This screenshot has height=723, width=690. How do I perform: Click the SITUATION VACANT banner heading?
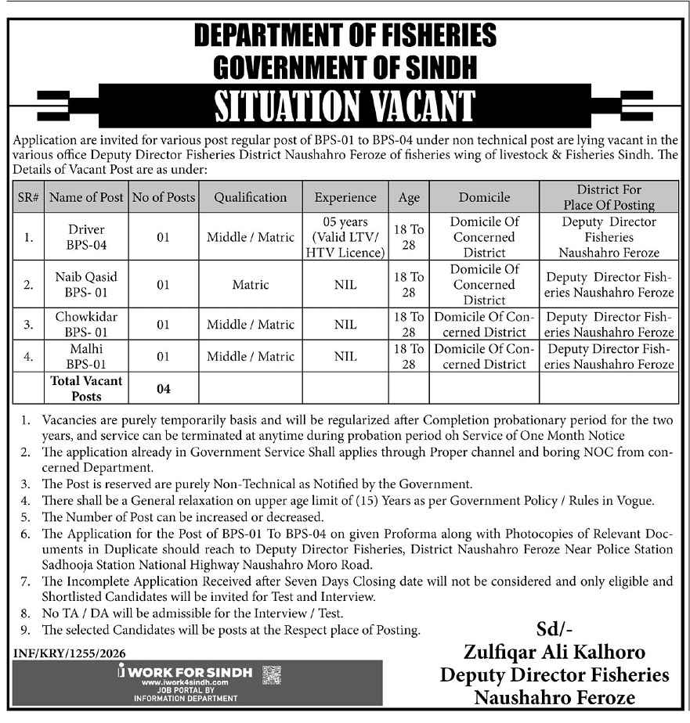tap(345, 106)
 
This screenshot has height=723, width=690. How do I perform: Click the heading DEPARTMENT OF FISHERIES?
tap(345, 36)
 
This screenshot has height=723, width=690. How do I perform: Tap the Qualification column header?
tap(251, 197)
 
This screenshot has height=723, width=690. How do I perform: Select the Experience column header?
tap(345, 197)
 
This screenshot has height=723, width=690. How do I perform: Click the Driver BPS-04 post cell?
tap(86, 237)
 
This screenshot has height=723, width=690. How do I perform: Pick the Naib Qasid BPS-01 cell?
tap(86, 285)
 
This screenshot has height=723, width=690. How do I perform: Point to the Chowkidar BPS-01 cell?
tap(86, 325)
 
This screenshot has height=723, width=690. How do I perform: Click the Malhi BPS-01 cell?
tap(86, 356)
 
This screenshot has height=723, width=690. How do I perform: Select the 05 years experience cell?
tap(345, 237)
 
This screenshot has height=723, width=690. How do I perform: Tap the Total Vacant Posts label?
tap(86, 388)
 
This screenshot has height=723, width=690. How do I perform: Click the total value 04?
tap(163, 388)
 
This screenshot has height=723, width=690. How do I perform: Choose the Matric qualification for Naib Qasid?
tap(251, 285)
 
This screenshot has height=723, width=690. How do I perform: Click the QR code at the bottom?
tap(271, 674)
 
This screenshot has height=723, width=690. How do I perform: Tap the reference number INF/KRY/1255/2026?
tap(70, 653)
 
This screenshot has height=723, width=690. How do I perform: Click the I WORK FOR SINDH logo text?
tap(186, 672)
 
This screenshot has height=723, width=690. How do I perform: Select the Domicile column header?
tap(484, 197)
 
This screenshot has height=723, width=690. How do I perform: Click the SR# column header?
tap(28, 197)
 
